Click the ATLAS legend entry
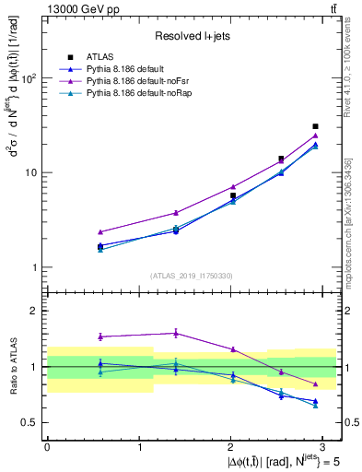pos(100,56)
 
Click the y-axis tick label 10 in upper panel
pos(30,172)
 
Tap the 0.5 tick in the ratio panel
pos(29,422)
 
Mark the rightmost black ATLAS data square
pos(315,126)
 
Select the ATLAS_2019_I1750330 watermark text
pos(192,276)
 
